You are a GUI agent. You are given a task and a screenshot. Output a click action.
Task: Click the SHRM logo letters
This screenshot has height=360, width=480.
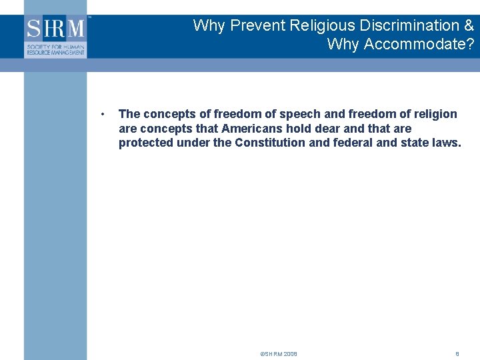coord(56,28)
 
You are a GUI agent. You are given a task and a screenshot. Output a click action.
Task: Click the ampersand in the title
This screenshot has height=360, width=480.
coord(468,26)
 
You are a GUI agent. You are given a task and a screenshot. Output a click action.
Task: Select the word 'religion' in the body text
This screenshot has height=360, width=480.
coord(436,114)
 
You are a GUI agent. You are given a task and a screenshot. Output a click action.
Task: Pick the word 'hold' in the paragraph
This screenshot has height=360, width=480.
coord(298,128)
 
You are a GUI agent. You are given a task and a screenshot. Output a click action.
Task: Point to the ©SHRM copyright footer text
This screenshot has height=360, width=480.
coord(279,354)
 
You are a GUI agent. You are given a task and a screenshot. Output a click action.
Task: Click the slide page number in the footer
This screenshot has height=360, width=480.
coord(457,354)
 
